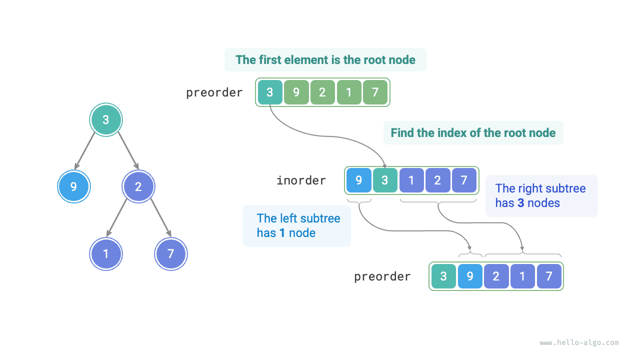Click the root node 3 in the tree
(105, 119)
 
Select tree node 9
(73, 187)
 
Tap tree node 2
(138, 187)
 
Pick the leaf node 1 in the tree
(106, 253)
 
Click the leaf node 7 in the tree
(171, 253)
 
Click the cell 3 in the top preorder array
(270, 92)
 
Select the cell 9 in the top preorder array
(296, 92)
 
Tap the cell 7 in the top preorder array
(375, 92)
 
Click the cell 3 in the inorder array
(384, 180)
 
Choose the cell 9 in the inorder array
(358, 180)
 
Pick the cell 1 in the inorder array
(411, 180)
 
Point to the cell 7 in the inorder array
(464, 180)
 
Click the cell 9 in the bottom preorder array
(470, 276)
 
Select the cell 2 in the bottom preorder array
(496, 276)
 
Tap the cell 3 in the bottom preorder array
(443, 276)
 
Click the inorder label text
(301, 180)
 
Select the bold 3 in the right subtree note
(521, 203)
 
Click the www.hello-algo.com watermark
(579, 343)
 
